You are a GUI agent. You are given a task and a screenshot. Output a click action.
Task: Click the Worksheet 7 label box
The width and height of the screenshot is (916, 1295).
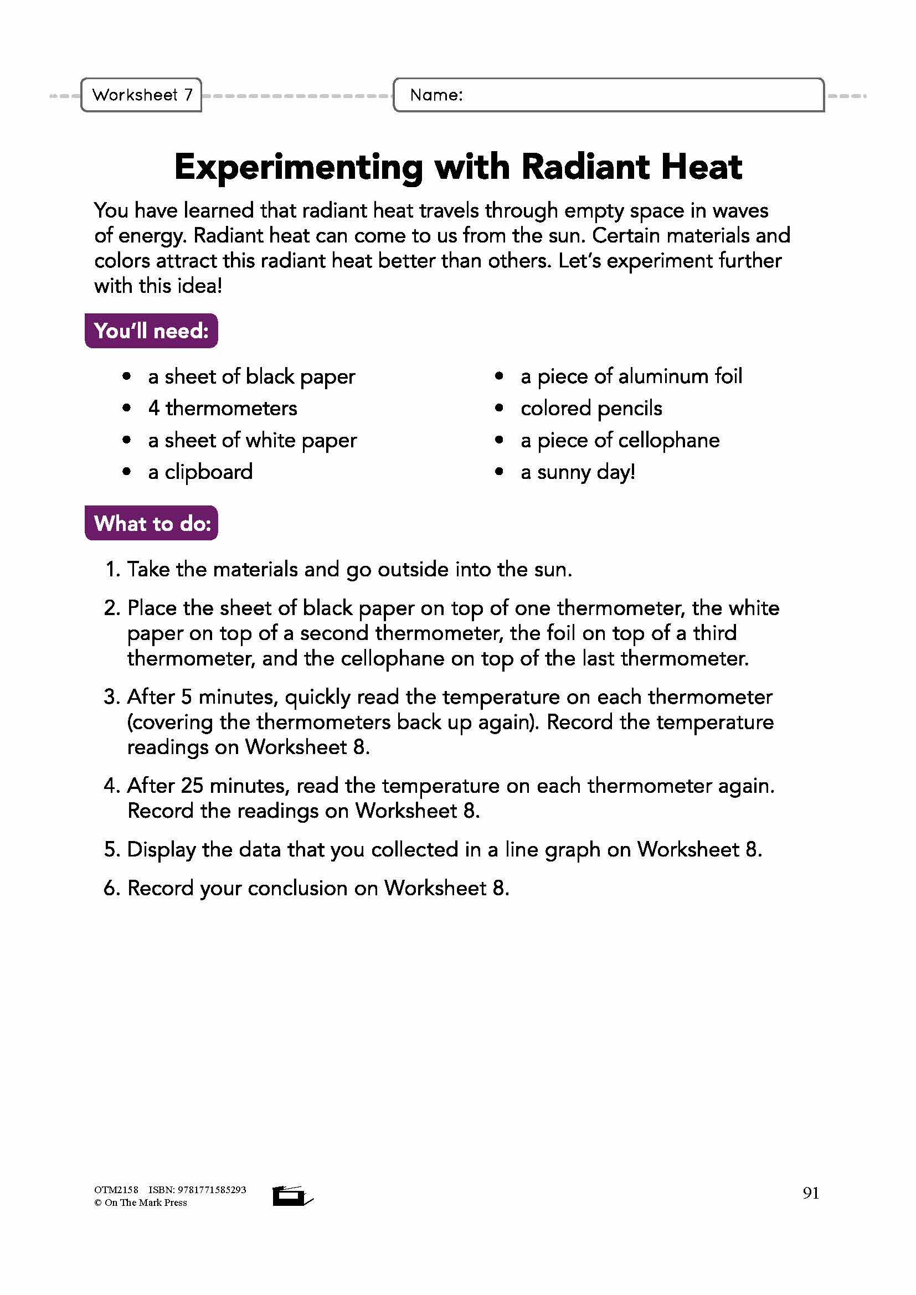pos(142,95)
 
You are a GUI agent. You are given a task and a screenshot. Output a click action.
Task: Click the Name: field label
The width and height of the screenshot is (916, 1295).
pos(436,95)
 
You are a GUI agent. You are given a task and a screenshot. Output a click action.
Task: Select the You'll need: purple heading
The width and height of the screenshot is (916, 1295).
pos(151,331)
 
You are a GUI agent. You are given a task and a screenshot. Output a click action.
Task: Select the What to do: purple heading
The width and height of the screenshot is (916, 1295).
pos(152,523)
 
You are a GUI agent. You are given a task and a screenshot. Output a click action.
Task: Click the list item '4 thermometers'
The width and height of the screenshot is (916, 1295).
pos(223,409)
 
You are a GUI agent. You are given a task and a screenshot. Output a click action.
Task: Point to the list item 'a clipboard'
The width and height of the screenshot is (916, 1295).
pos(200,472)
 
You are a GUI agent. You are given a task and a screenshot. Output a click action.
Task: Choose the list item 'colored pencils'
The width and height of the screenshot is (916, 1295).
pos(591,409)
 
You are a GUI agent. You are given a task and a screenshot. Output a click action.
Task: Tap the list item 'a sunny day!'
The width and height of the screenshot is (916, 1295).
pos(578,472)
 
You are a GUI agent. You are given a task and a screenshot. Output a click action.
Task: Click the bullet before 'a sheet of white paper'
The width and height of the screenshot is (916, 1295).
pos(126,440)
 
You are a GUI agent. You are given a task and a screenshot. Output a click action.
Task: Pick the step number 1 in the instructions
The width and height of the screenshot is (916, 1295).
pos(112,570)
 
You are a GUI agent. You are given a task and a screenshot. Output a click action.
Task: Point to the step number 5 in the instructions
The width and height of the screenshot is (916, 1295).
pos(111,849)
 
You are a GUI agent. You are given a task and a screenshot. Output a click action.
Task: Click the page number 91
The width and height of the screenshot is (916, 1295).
pos(811,1193)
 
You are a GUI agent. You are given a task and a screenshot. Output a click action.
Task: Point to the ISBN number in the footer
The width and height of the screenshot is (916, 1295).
pos(212,1189)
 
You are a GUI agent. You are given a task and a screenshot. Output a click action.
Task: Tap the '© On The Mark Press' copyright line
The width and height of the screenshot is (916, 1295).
pos(141,1203)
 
